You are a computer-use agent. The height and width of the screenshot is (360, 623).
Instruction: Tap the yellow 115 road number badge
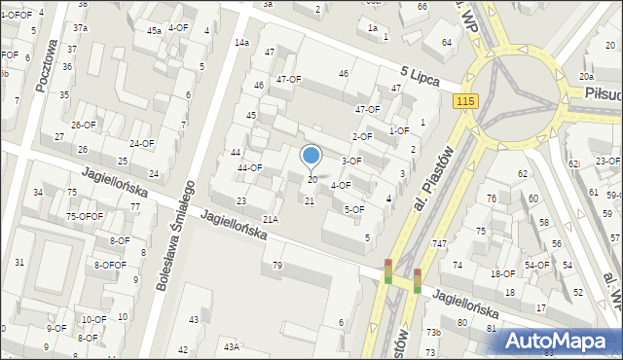(x=465, y=101)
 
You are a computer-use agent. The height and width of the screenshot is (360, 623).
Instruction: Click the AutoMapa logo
(x=557, y=341)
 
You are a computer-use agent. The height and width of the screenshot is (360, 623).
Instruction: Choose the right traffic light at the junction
(x=417, y=280)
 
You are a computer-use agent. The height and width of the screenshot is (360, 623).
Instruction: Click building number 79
(x=277, y=266)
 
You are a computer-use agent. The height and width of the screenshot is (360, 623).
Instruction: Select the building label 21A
(x=271, y=220)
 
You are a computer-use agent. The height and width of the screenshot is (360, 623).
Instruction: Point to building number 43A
(x=231, y=347)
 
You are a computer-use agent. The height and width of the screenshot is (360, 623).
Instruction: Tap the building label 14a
(x=241, y=43)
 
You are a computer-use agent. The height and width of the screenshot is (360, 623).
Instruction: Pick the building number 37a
(x=81, y=27)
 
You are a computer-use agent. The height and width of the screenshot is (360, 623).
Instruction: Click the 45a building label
(x=154, y=31)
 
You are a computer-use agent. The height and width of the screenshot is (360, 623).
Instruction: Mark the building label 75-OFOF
(x=85, y=216)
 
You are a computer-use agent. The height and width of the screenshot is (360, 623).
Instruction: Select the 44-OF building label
(x=250, y=168)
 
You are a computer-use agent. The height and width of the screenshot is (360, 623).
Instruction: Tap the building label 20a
(x=586, y=76)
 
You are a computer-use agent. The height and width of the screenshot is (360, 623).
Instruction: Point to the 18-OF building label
(x=502, y=274)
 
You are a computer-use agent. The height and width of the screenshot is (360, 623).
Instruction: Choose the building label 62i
(x=574, y=163)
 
